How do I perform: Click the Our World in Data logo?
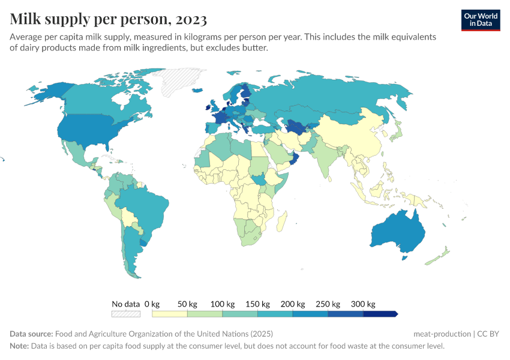click(481, 19)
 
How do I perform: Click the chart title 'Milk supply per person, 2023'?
click(109, 19)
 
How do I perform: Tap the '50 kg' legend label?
click(187, 304)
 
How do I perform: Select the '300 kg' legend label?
click(363, 304)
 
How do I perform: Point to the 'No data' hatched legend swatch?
click(126, 314)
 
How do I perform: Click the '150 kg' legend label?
click(257, 304)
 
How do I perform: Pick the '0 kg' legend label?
click(152, 304)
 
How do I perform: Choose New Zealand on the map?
click(441, 254)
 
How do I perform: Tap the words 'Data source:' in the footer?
click(31, 334)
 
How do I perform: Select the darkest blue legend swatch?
click(380, 314)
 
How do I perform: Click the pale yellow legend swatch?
click(170, 314)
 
